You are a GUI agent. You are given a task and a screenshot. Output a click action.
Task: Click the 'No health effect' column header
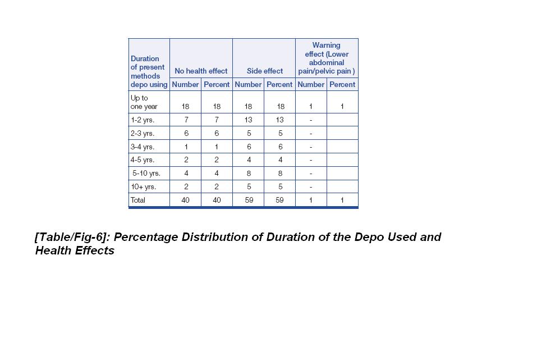[201, 71]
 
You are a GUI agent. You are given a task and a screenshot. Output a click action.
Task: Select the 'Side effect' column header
[265, 71]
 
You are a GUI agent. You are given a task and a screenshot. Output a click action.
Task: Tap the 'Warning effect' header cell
[327, 58]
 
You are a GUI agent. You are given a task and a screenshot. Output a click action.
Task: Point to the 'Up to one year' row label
[144, 102]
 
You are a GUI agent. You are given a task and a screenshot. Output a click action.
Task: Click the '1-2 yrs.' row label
[142, 120]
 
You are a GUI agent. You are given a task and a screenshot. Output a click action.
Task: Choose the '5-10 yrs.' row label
[146, 174]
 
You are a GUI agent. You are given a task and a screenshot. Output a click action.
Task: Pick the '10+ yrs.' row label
[143, 187]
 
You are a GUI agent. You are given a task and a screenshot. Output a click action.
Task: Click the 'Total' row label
[138, 200]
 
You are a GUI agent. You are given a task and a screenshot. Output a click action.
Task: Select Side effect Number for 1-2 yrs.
[248, 120]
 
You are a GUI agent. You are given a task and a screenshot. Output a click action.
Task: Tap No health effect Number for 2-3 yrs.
[186, 134]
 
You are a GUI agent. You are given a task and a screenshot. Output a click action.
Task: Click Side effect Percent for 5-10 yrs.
[279, 174]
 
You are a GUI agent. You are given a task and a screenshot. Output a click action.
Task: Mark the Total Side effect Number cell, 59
[248, 200]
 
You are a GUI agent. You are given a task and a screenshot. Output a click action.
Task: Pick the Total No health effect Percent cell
[217, 200]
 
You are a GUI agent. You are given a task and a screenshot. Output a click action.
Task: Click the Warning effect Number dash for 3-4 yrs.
[311, 147]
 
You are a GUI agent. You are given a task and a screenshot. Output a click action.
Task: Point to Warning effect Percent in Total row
[342, 200]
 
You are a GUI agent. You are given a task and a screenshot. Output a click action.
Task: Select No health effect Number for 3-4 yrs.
[186, 147]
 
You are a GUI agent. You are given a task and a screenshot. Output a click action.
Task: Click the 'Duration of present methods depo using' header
[149, 71]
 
